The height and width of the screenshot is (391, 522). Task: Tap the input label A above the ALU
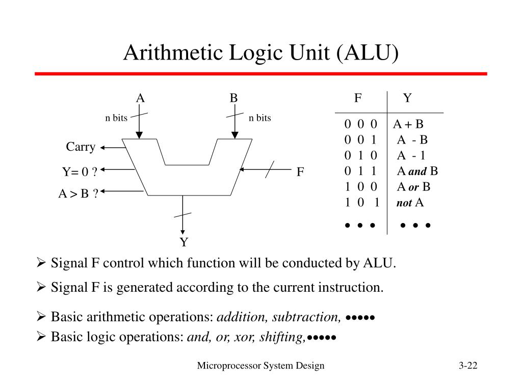click(x=140, y=98)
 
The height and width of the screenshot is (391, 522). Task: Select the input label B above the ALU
click(x=233, y=98)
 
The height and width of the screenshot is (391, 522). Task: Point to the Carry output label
click(x=81, y=147)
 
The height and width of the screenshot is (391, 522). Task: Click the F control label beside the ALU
click(x=301, y=172)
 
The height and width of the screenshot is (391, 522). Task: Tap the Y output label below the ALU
click(x=184, y=242)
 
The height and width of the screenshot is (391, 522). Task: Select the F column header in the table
click(x=358, y=98)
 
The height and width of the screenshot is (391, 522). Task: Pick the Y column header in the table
click(x=407, y=98)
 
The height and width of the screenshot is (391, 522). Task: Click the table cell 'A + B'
click(x=408, y=124)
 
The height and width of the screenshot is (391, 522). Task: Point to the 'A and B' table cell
click(x=417, y=171)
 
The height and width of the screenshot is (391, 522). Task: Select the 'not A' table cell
click(x=410, y=203)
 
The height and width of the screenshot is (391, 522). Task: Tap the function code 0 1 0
click(x=360, y=155)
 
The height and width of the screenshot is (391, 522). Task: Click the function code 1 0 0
click(x=360, y=187)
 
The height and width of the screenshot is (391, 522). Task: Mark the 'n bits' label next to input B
click(x=260, y=118)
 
